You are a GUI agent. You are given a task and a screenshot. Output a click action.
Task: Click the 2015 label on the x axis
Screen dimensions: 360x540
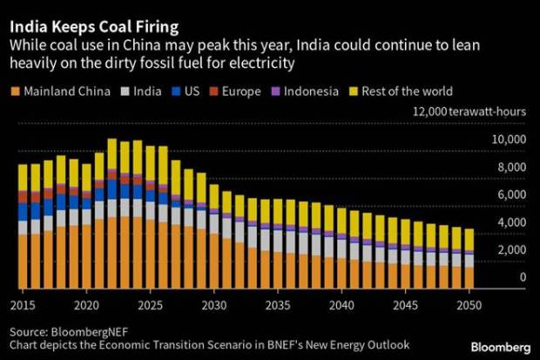point(24,306)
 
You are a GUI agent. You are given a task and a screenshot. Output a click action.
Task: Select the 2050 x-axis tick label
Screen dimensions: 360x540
point(469,306)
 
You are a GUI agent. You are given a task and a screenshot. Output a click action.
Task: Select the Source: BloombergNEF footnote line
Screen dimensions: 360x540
point(68,333)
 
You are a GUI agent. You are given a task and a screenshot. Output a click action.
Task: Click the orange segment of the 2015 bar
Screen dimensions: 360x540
point(24,262)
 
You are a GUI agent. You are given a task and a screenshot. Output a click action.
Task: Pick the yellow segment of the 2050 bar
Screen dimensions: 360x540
point(469,239)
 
